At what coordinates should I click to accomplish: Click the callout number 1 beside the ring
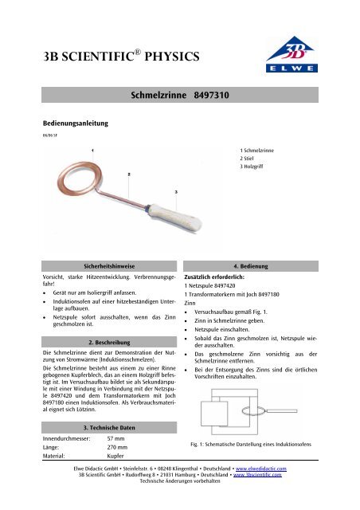[x=94, y=150]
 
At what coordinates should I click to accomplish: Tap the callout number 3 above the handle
[x=176, y=192]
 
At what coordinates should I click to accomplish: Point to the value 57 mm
[x=116, y=439]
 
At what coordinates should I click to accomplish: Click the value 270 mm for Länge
[x=118, y=449]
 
